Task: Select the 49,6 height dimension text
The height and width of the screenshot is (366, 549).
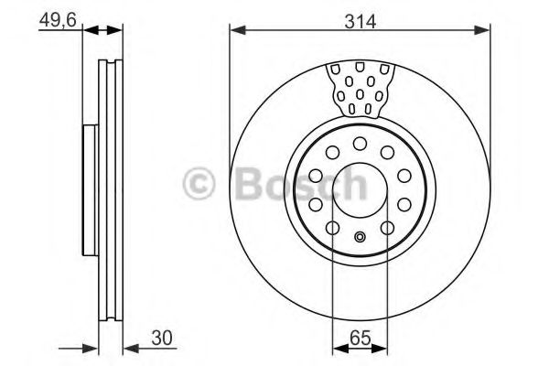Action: pos(56,20)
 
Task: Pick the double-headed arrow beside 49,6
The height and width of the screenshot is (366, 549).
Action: pos(102,31)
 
